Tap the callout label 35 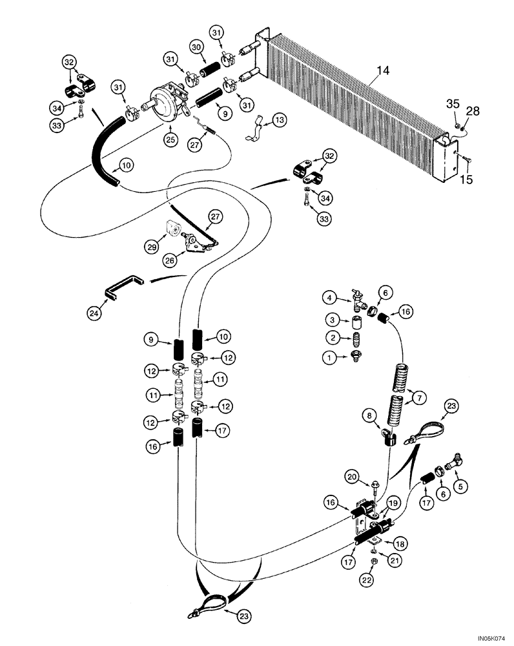point(453,103)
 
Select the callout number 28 point(473,112)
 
